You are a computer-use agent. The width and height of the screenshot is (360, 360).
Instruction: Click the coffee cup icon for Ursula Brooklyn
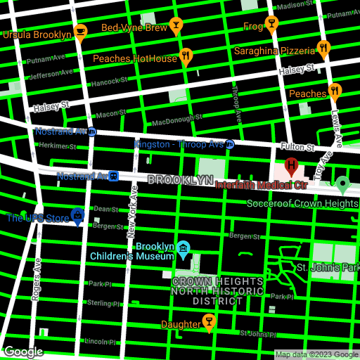80,32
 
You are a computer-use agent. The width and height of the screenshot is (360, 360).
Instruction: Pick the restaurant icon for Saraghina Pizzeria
323,48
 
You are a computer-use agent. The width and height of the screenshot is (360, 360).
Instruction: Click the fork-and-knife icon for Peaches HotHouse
186,56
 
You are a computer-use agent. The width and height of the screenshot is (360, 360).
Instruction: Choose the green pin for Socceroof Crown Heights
342,185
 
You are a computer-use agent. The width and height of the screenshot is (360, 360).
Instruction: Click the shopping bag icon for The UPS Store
78,215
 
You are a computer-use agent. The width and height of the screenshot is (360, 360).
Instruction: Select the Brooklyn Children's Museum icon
184,248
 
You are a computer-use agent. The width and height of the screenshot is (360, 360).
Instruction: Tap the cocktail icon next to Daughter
208,322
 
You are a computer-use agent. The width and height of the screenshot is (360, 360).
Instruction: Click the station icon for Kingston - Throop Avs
230,144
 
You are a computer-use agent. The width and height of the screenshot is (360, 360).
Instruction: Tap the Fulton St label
300,148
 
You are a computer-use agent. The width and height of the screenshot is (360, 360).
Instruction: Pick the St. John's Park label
327,268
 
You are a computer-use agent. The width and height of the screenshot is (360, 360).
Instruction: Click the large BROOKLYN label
180,181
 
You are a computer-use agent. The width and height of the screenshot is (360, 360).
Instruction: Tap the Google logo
24,351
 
